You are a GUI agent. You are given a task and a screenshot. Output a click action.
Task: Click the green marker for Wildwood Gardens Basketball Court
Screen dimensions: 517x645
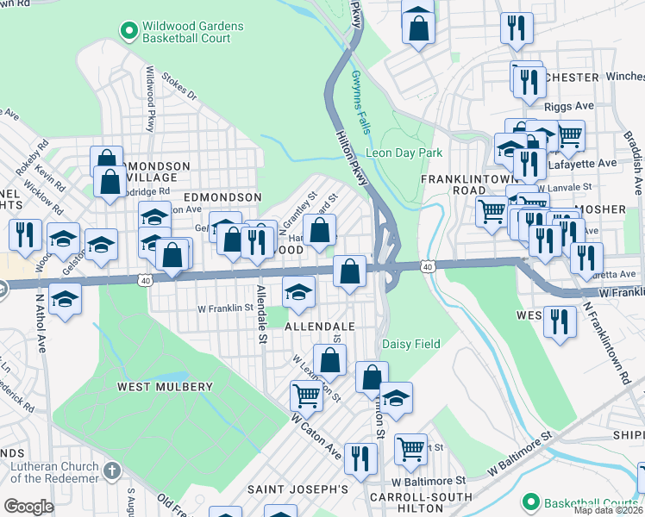tap(129, 32)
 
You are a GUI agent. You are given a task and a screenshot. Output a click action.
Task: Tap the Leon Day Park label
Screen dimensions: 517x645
tap(404, 153)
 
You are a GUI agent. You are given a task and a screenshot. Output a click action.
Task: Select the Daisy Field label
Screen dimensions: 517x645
tap(411, 344)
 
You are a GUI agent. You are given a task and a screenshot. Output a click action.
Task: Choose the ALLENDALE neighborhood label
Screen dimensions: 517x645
tap(320, 327)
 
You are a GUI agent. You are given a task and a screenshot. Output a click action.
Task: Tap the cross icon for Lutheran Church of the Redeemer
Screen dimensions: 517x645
tap(110, 470)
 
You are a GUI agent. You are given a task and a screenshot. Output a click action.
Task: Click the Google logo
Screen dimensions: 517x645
tap(28, 506)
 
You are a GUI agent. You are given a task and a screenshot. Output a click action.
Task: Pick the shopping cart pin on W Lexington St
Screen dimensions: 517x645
tap(307, 396)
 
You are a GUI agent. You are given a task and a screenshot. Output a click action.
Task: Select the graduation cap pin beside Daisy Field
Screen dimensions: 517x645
tap(396, 397)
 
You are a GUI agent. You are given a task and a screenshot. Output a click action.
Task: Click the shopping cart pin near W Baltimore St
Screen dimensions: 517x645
tap(410, 448)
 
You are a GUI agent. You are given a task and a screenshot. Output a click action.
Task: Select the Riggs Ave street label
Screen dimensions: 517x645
tap(569, 107)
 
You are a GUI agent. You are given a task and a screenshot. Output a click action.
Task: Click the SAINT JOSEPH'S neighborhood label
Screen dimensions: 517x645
tap(297, 489)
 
